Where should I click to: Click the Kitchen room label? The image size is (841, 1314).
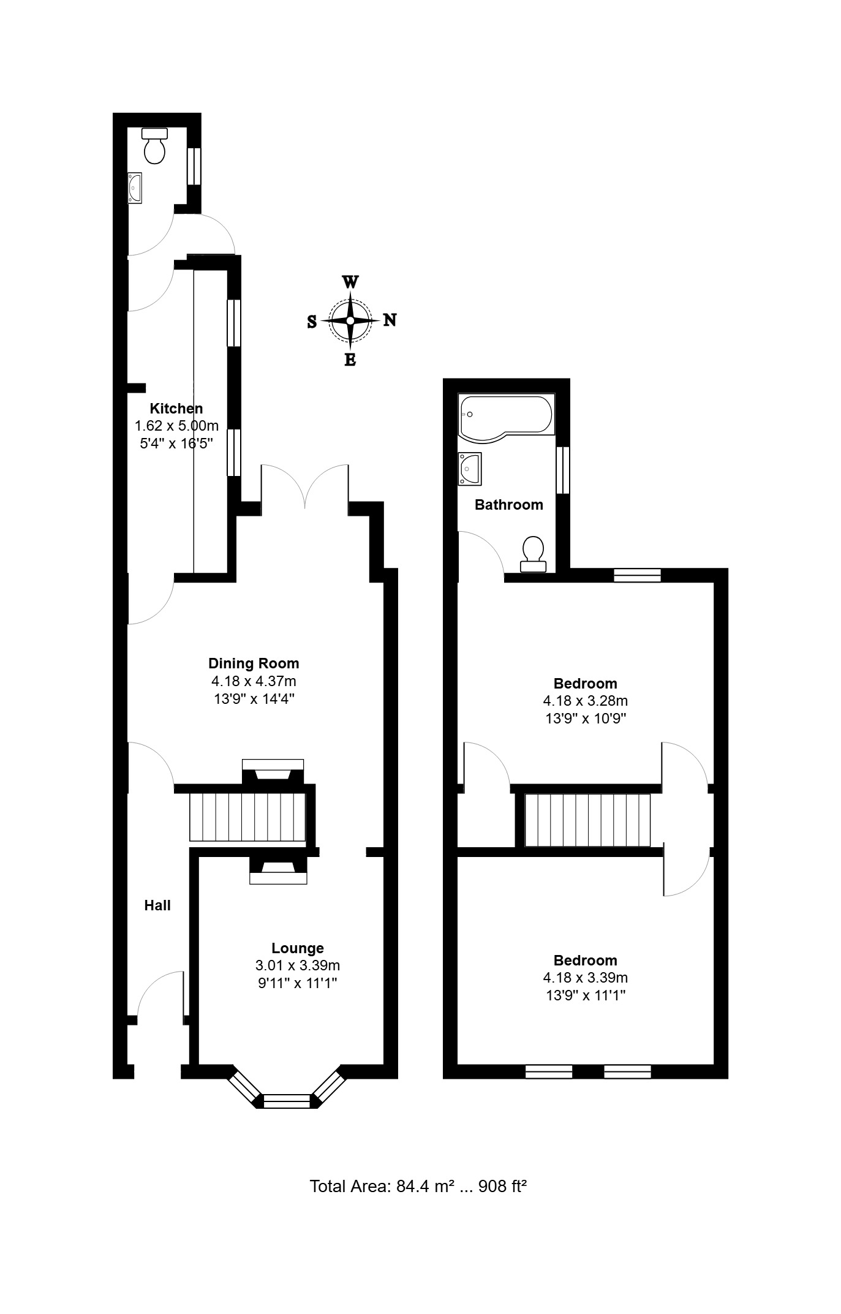pyautogui.click(x=176, y=409)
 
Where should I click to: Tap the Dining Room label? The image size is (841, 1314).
pyautogui.click(x=254, y=663)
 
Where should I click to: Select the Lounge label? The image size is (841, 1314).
pyautogui.click(x=298, y=948)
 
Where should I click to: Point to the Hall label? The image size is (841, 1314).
pyautogui.click(x=157, y=905)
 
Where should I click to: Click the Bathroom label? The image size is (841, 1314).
pyautogui.click(x=509, y=505)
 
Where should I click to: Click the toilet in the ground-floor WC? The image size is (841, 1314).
pyautogui.click(x=155, y=146)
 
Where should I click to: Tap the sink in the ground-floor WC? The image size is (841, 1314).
pyautogui.click(x=135, y=187)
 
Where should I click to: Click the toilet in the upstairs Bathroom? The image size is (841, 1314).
pyautogui.click(x=534, y=554)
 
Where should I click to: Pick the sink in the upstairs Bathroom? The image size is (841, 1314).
pyautogui.click(x=470, y=469)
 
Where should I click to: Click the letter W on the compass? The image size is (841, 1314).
pyautogui.click(x=350, y=282)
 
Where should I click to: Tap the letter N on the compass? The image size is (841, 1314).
pyautogui.click(x=390, y=320)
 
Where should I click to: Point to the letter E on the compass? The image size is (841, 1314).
pyautogui.click(x=350, y=360)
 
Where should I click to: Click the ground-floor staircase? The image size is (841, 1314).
pyautogui.click(x=247, y=817)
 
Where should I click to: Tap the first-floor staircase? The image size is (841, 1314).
pyautogui.click(x=587, y=820)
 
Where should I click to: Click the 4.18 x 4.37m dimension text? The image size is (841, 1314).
pyautogui.click(x=254, y=681)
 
